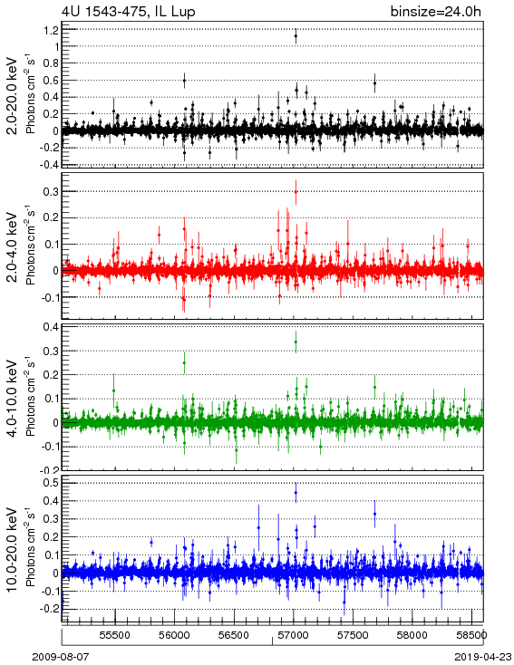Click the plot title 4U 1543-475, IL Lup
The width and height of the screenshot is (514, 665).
pyautogui.click(x=129, y=11)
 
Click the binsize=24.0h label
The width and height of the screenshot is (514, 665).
pyautogui.click(x=436, y=11)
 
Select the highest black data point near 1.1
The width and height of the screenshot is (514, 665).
pyautogui.click(x=296, y=36)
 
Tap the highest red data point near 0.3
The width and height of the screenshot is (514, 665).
pyautogui.click(x=296, y=192)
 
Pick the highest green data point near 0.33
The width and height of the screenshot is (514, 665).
pyautogui.click(x=296, y=342)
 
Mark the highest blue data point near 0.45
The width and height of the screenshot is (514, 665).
pyautogui.click(x=296, y=492)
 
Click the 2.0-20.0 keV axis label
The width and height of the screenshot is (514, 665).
pyautogui.click(x=13, y=95)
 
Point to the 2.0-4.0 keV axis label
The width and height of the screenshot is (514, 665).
pyautogui.click(x=13, y=246)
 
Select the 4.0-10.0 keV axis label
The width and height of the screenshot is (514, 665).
pyautogui.click(x=13, y=399)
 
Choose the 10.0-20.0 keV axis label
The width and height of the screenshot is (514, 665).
pyautogui.click(x=13, y=550)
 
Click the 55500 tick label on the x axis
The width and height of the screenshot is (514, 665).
pyautogui.click(x=115, y=635)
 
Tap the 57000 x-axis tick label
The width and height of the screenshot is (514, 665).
pyautogui.click(x=294, y=635)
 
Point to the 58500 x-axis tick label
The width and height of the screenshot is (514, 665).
pyautogui.click(x=471, y=635)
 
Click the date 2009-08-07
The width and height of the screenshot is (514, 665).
pyautogui.click(x=61, y=657)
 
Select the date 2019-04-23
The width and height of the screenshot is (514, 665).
pyautogui.click(x=483, y=657)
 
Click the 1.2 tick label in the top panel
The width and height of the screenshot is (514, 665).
pyautogui.click(x=51, y=30)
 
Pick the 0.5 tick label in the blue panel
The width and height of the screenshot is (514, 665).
pyautogui.click(x=51, y=483)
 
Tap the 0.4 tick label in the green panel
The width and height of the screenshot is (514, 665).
pyautogui.click(x=51, y=327)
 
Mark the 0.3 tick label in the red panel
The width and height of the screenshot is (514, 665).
pyautogui.click(x=51, y=191)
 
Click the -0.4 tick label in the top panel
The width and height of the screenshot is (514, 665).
pyautogui.click(x=49, y=165)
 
